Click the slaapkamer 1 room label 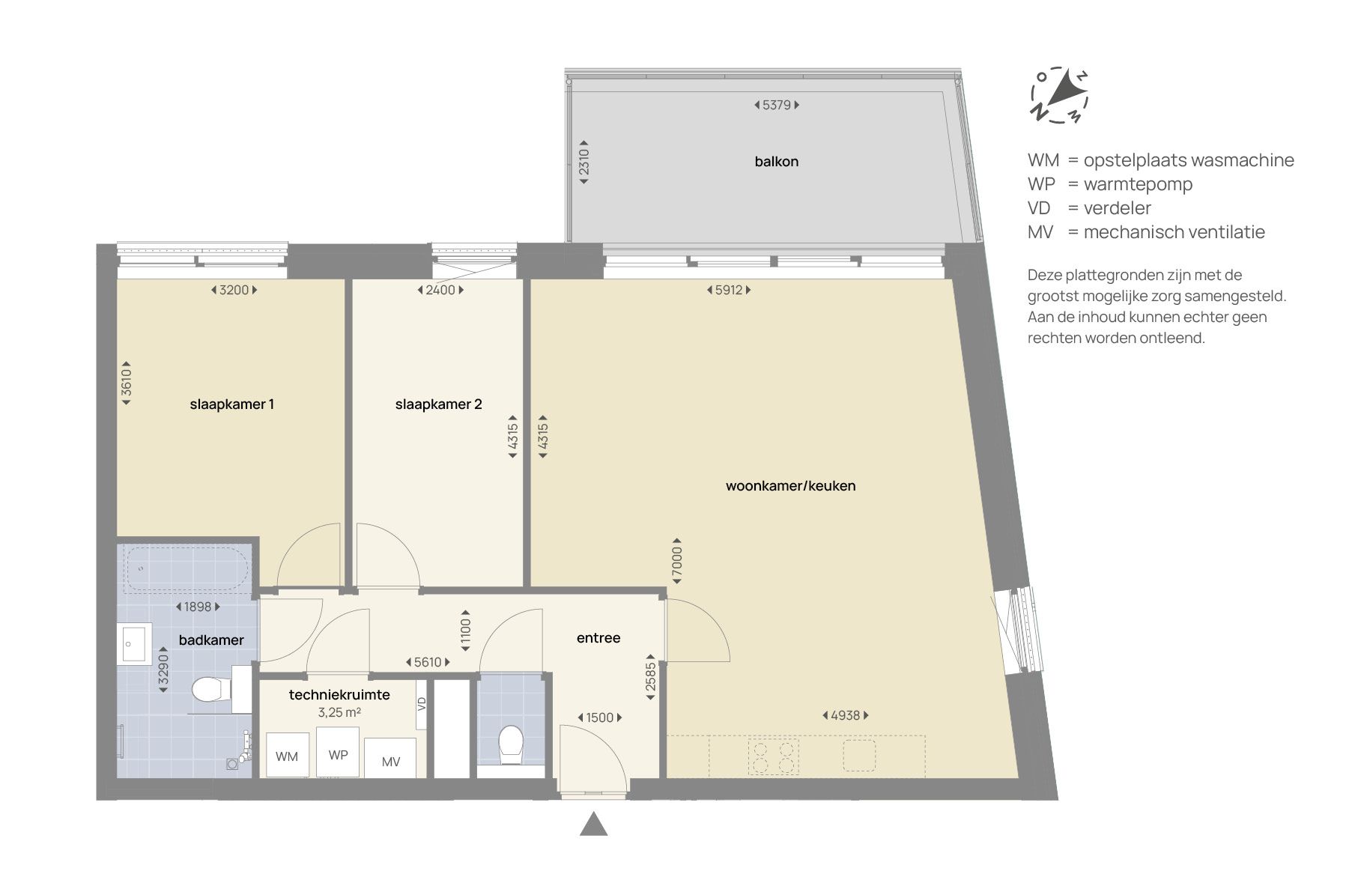[x=231, y=404]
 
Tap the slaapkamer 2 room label [x=438, y=404]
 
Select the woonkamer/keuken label [x=790, y=486]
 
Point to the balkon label [x=776, y=162]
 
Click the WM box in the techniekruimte [x=287, y=756]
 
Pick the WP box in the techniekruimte [x=338, y=754]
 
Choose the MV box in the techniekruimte [x=391, y=762]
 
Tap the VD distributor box [x=422, y=704]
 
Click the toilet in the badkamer [x=210, y=690]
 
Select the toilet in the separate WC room [x=511, y=743]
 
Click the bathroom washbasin [x=135, y=643]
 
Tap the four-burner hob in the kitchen [x=773, y=756]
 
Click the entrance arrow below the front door [x=593, y=825]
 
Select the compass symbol [x=1059, y=95]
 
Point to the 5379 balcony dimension [x=776, y=106]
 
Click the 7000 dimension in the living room [x=676, y=560]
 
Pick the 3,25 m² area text [x=339, y=712]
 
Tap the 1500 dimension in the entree [x=599, y=717]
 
